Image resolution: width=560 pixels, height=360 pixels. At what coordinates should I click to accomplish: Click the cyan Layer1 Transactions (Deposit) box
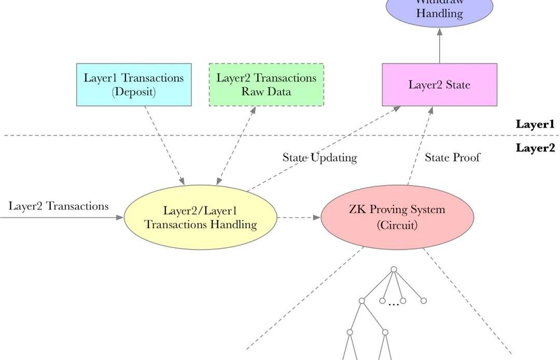point(134,85)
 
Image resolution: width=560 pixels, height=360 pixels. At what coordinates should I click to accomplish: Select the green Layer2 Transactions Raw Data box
point(266,85)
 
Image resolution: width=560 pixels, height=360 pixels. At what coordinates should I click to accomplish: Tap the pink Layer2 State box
point(439,85)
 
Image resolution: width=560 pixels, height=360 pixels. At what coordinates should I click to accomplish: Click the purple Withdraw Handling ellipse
point(439,9)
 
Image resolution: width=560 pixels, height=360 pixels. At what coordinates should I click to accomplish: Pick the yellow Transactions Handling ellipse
point(200,217)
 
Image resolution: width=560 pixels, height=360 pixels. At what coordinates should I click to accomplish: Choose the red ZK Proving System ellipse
point(397,217)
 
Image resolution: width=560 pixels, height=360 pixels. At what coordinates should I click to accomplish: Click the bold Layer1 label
point(535,124)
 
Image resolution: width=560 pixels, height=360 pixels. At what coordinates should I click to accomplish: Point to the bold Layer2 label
point(535,148)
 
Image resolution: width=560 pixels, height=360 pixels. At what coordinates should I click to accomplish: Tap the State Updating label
point(319,158)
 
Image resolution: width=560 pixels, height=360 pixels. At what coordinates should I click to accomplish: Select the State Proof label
point(452,158)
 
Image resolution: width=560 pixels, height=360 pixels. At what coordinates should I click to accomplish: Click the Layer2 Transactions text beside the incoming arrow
point(59,206)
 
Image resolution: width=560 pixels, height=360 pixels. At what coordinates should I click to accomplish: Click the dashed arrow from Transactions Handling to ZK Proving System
point(299,218)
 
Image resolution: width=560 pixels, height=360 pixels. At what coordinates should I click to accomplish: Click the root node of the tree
point(394,269)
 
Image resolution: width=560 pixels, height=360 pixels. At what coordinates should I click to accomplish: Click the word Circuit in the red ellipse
point(397,226)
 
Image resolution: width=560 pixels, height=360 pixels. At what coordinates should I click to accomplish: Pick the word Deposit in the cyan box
point(134,92)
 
